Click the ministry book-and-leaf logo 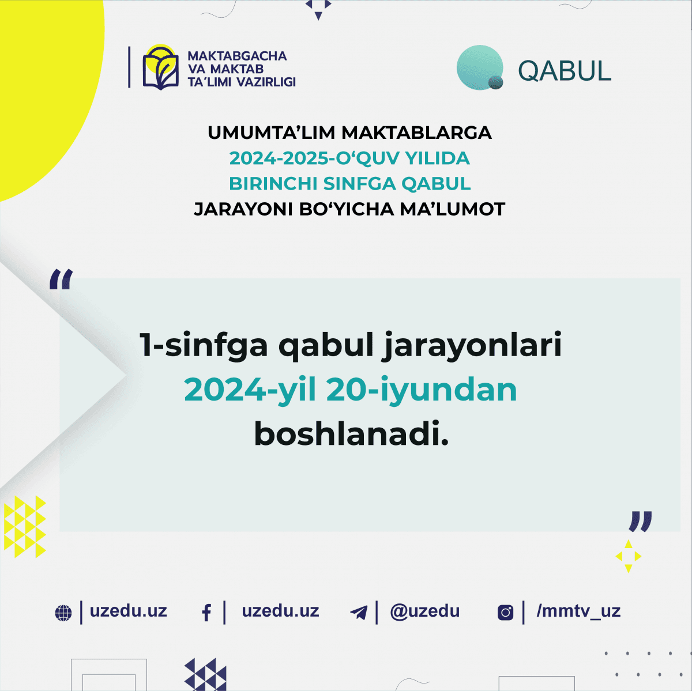[160, 68]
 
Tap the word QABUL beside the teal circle [564, 71]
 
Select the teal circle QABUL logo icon [480, 67]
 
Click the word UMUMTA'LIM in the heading [271, 133]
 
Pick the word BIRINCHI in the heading [273, 183]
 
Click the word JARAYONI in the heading [243, 209]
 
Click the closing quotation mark [640, 521]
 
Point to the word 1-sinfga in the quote [204, 345]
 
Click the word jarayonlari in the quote [472, 345]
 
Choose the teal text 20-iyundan [422, 390]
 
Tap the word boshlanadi [351, 434]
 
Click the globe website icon [63, 613]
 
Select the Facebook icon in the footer [206, 613]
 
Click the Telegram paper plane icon [359, 613]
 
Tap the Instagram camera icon [505, 613]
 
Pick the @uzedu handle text [425, 611]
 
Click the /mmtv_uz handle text [578, 611]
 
